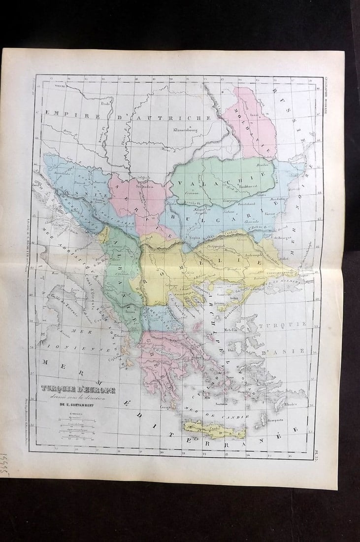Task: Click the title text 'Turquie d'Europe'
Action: (78, 390)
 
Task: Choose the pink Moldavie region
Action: (249, 123)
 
